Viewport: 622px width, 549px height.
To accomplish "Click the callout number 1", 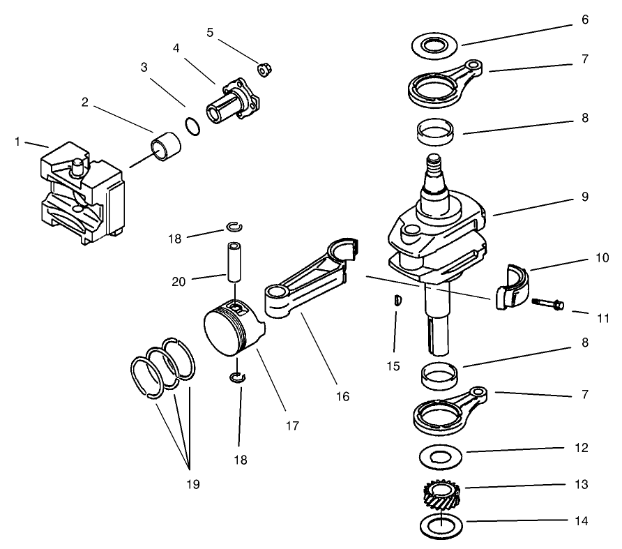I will tap(17, 142).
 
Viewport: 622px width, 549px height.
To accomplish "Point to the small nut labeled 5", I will tap(264, 69).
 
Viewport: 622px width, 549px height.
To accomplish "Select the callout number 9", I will tap(584, 197).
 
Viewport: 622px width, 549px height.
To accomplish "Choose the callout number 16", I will tap(342, 397).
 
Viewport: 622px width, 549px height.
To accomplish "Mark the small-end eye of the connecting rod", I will tap(279, 297).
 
